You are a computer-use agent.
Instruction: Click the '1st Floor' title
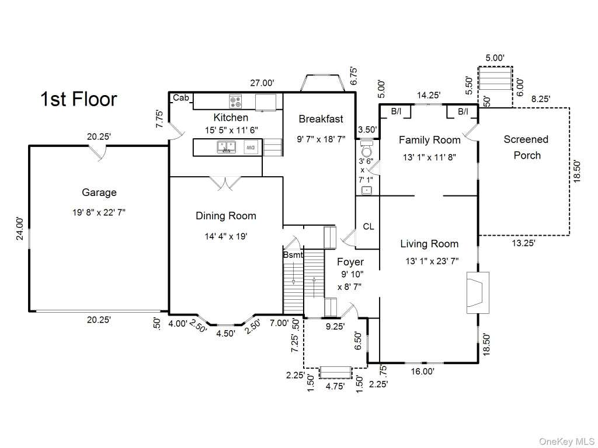point(79,99)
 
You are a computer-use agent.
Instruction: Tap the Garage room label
point(99,192)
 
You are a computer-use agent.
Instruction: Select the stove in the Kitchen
point(235,101)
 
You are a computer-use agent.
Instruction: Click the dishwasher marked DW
point(250,147)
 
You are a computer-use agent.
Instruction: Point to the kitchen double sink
point(227,146)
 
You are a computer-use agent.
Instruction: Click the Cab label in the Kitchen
point(181,98)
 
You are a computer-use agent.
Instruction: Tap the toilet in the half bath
point(367,149)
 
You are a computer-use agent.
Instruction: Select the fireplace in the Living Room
point(478,293)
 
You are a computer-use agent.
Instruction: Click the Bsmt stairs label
point(293,255)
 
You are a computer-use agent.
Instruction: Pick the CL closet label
point(368,227)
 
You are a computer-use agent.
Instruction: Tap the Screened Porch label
point(526,148)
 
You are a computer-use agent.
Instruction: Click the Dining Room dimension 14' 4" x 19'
point(226,237)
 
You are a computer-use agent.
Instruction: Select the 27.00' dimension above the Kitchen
point(262,83)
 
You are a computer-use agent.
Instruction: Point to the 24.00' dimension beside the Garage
point(20,229)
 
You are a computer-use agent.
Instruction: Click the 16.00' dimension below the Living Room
point(423,371)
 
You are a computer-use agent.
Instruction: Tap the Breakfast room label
point(321,119)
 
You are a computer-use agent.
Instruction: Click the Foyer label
point(350,262)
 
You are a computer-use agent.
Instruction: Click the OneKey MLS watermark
point(566,442)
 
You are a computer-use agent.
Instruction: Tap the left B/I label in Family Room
point(397,111)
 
